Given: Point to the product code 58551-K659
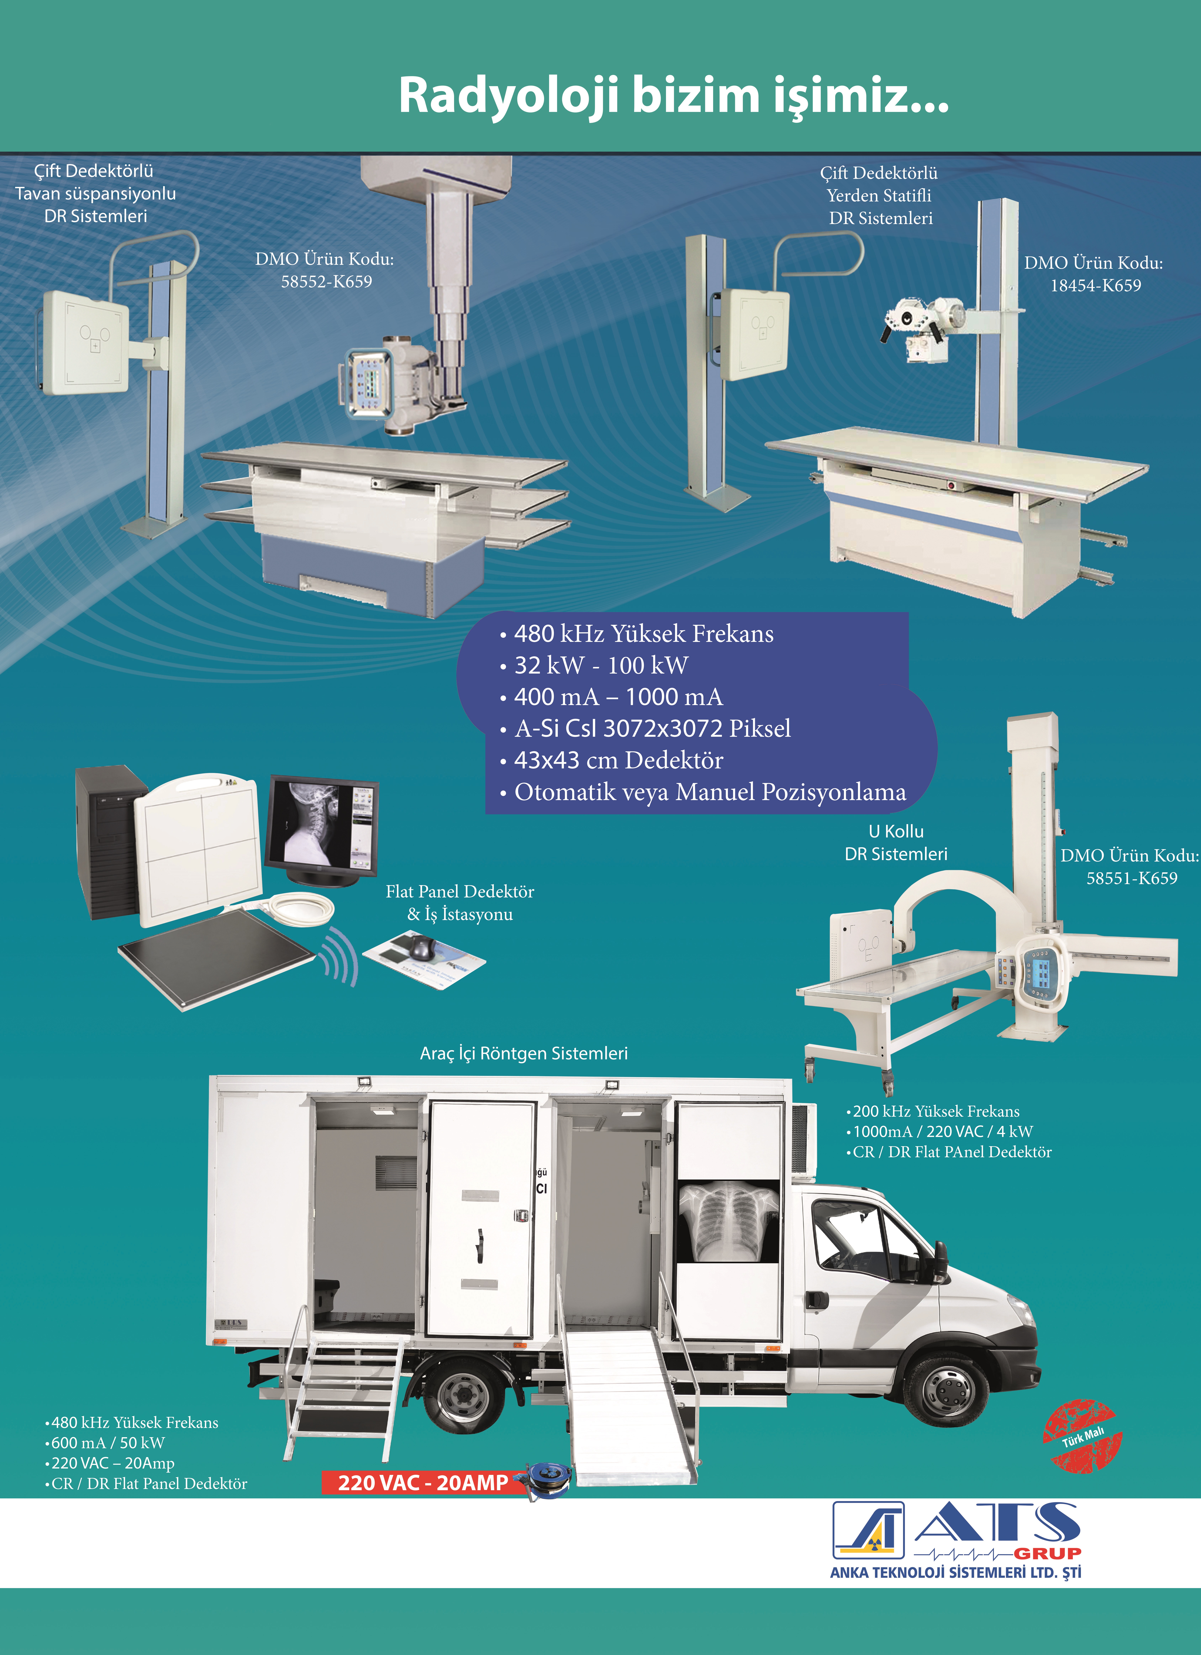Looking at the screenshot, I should (x=1132, y=878).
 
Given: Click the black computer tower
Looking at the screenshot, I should (x=109, y=839).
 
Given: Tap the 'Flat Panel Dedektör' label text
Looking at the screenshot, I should (x=460, y=892).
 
